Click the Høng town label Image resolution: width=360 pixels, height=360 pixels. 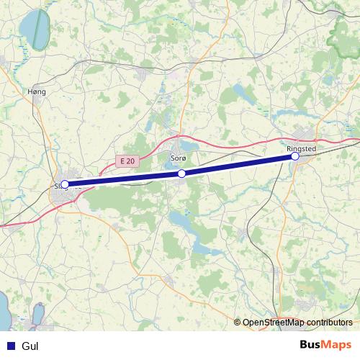click(35, 91)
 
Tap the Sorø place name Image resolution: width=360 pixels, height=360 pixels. click(179, 157)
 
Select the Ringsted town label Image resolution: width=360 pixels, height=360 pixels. click(311, 148)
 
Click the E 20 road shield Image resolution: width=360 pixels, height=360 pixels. click(127, 161)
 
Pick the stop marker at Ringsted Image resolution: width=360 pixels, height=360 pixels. click(294, 156)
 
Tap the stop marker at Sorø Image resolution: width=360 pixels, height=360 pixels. click(182, 174)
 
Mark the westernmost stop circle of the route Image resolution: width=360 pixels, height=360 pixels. click(65, 184)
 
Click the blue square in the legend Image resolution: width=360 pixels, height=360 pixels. click(10, 345)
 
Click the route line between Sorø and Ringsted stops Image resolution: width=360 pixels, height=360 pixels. click(238, 165)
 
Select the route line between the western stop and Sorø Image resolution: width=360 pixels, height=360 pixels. click(122, 179)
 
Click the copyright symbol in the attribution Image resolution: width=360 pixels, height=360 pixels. click(238, 323)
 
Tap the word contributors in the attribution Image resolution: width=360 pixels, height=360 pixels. click(328, 323)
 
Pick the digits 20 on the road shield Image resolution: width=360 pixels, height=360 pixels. click(130, 161)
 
